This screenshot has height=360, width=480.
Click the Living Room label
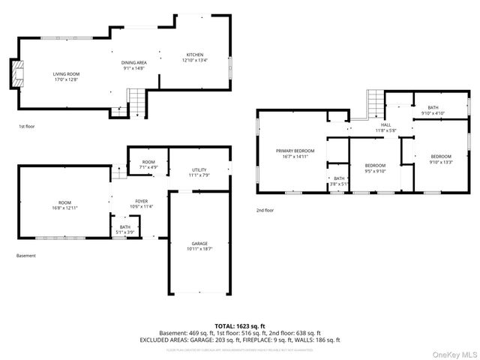66,76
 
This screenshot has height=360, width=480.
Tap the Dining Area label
134,65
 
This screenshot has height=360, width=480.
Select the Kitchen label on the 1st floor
195,58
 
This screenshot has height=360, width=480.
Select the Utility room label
199,172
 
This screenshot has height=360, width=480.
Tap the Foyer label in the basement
142,204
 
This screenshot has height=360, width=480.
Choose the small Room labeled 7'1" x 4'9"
149,165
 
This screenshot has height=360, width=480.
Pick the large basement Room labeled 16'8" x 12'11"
64,205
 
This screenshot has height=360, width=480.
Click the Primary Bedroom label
295,154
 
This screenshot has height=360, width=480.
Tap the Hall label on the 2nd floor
385,127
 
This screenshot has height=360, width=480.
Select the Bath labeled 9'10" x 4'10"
433,110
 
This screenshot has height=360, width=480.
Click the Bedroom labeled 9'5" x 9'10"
375,167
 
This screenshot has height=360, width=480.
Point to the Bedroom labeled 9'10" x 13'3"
440,159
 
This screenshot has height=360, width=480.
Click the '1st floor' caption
26,127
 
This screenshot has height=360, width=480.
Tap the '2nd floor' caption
265,210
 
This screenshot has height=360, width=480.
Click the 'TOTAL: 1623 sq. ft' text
239,325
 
